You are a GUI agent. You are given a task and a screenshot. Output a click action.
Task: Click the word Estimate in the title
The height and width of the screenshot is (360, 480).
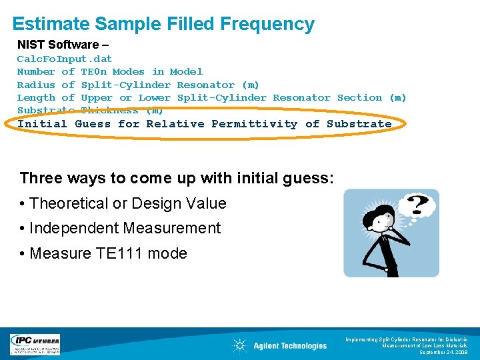[x=50, y=25]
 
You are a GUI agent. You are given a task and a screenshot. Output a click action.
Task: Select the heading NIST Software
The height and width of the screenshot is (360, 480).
[x=58, y=45]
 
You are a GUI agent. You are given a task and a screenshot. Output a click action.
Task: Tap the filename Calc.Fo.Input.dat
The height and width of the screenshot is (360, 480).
[x=65, y=59]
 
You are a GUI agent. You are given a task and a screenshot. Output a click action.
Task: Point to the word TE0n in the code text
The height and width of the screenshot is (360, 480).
[x=93, y=71]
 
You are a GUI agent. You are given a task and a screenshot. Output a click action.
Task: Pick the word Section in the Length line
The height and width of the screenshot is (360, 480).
[x=359, y=97]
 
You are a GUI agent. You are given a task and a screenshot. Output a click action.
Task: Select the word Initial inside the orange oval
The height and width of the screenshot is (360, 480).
[x=42, y=123]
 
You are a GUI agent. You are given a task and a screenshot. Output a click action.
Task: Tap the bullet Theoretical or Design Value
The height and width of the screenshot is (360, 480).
[x=128, y=203]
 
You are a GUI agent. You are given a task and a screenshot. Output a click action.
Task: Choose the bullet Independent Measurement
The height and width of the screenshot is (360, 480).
[x=125, y=228]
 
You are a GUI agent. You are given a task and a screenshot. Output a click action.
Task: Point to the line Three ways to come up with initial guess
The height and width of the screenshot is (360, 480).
[x=177, y=178]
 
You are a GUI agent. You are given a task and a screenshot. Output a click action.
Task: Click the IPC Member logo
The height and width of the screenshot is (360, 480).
[x=35, y=344]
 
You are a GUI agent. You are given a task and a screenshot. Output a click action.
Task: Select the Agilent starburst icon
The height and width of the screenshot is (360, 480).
[x=239, y=345]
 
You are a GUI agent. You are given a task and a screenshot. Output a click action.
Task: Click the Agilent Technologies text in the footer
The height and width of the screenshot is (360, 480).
[x=290, y=345]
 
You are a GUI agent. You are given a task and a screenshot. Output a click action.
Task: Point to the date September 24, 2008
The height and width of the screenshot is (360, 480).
[x=446, y=352]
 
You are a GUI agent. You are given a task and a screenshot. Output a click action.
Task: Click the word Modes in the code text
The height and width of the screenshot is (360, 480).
[x=129, y=71]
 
